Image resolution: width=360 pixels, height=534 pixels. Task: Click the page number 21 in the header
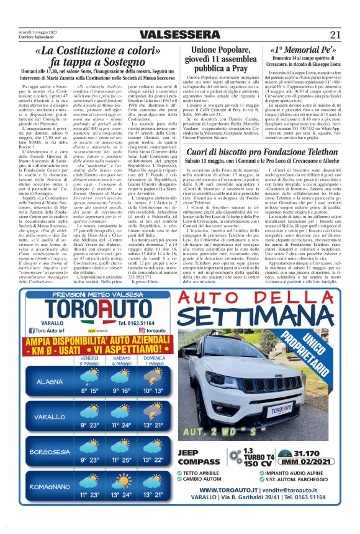pyautogui.click(x=336, y=34)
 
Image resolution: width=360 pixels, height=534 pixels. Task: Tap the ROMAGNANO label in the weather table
pyautogui.click(x=49, y=485)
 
